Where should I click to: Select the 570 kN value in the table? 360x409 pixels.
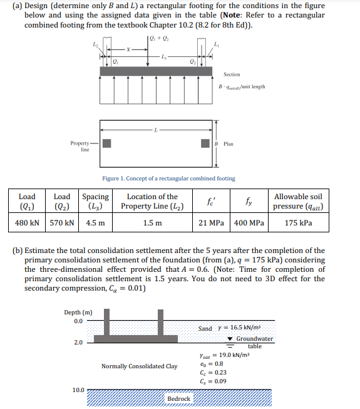coord(63,222)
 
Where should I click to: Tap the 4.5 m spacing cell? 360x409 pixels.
coord(95,222)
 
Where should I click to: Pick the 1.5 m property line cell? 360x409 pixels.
coord(152,222)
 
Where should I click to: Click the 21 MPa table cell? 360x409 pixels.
coord(212,222)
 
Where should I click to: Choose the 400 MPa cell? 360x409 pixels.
coord(249,222)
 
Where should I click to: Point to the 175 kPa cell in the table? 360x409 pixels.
coord(299,222)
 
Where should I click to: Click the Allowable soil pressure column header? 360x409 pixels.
coord(299,201)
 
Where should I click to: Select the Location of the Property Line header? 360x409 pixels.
coord(152,201)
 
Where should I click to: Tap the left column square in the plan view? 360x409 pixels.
coord(107,143)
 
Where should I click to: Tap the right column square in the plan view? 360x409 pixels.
coord(205,143)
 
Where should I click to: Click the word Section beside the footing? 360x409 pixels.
coord(231,75)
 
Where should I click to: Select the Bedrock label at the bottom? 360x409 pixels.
coord(178,398)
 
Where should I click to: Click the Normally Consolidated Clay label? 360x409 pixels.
coord(139,366)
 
